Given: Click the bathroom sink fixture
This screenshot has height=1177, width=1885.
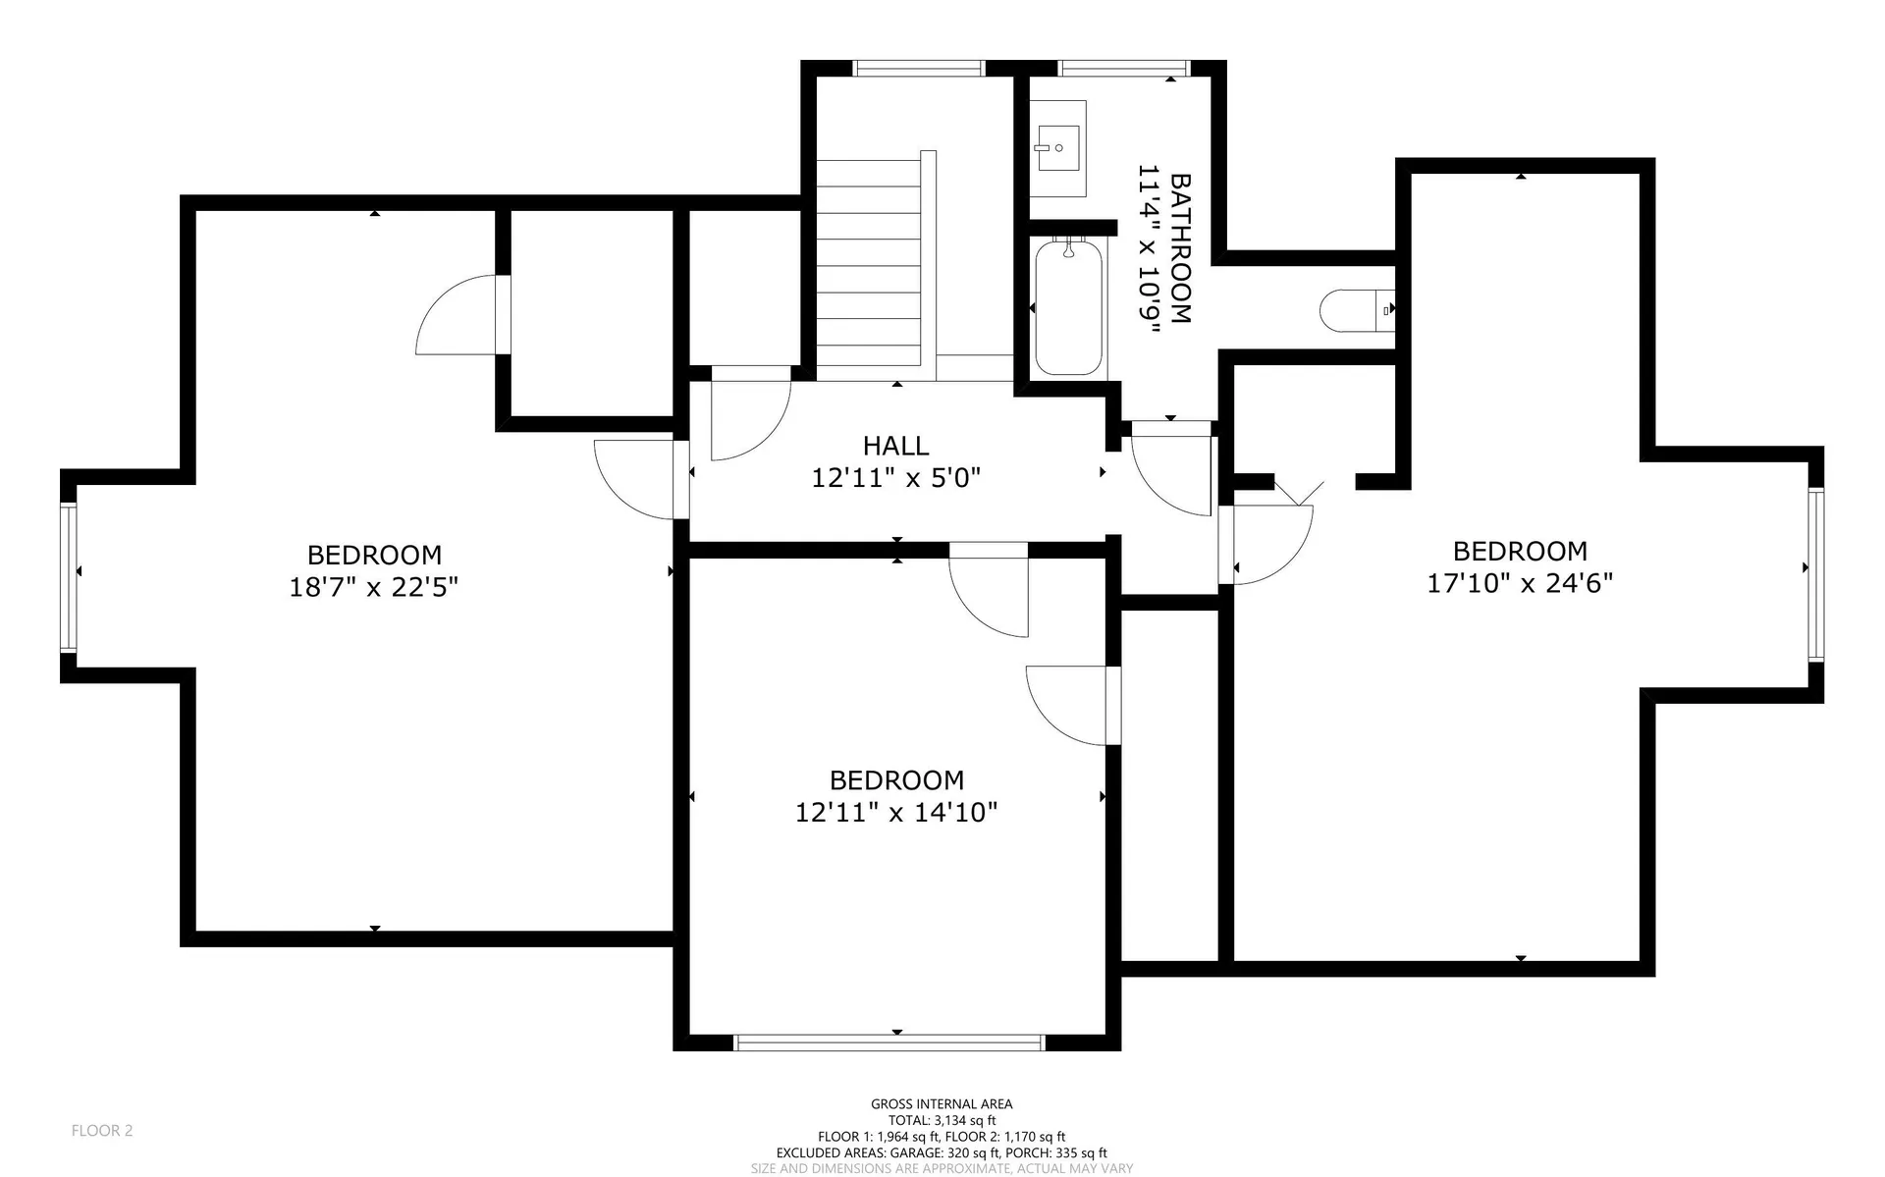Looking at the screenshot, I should (1058, 148).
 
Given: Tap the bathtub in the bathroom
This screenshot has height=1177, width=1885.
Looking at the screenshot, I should (1068, 307).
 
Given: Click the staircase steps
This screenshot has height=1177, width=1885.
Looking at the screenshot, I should (869, 265).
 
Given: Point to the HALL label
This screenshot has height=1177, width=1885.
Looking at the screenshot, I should (895, 446).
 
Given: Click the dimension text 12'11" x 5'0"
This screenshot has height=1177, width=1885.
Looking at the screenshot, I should (895, 478).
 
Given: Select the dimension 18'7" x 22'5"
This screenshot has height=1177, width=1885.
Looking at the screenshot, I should (373, 587).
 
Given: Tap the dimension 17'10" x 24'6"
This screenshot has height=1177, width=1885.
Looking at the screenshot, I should (1519, 583).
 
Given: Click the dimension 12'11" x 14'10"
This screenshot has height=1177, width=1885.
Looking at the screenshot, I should (895, 812).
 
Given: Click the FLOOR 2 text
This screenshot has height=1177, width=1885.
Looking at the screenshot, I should (101, 1130).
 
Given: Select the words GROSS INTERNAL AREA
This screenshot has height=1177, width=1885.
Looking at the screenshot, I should (941, 1103).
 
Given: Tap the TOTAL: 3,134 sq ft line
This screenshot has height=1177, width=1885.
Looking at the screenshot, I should (941, 1120).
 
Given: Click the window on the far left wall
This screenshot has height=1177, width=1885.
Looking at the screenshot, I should (68, 576).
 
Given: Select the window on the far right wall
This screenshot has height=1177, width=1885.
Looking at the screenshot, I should (1816, 574).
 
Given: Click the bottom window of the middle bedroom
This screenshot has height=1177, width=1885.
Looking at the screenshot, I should (889, 1043).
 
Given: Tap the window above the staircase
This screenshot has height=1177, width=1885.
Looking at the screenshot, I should (918, 68).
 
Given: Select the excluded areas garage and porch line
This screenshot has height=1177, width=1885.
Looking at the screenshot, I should (941, 1152).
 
